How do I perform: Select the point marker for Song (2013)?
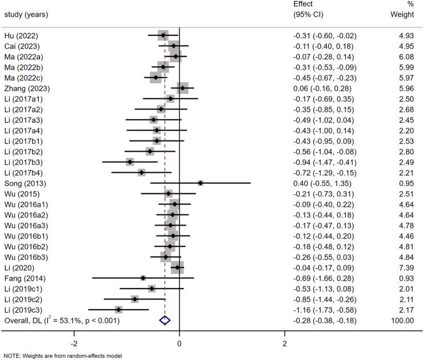201,183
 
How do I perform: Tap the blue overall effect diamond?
165,321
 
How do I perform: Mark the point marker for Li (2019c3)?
119,310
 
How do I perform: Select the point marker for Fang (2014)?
143,278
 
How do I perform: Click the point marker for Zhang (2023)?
182,88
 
